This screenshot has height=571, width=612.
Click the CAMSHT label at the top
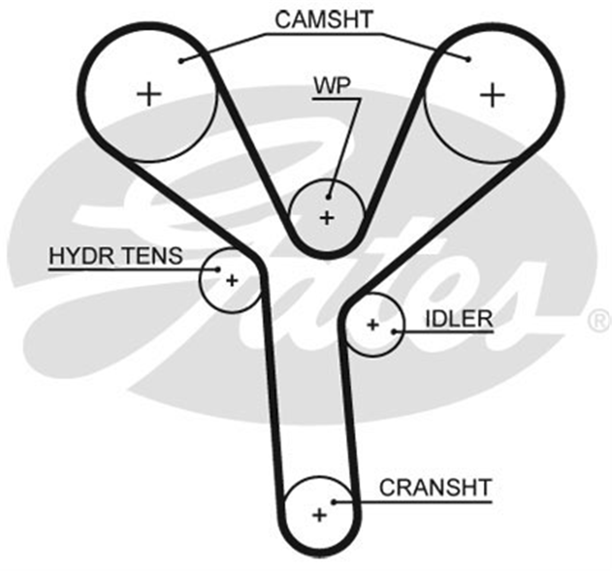pyautogui.click(x=324, y=19)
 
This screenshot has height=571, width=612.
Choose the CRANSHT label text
pyautogui.click(x=436, y=488)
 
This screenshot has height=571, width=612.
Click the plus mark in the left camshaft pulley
pyautogui.click(x=149, y=94)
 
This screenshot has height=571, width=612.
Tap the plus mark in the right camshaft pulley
pyautogui.click(x=493, y=95)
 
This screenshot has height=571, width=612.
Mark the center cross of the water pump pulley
pyautogui.click(x=327, y=218)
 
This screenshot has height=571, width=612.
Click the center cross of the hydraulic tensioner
pyautogui.click(x=232, y=281)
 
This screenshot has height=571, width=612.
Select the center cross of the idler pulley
pyautogui.click(x=373, y=325)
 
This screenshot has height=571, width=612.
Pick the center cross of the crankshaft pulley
pyautogui.click(x=319, y=515)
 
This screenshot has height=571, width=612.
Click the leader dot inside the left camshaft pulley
pyautogui.click(x=182, y=61)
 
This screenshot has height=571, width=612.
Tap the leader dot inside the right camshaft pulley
pyautogui.click(x=468, y=59)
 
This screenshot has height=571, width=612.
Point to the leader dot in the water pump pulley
pyautogui.click(x=328, y=197)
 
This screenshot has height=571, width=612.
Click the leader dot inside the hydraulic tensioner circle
pyautogui.click(x=218, y=269)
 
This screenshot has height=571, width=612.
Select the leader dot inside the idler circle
pyautogui.click(x=394, y=332)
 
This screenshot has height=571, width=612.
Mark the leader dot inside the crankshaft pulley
pyautogui.click(x=334, y=502)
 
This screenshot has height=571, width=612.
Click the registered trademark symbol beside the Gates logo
pyautogui.click(x=599, y=321)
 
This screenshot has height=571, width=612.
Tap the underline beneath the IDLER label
pyautogui.click(x=443, y=332)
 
